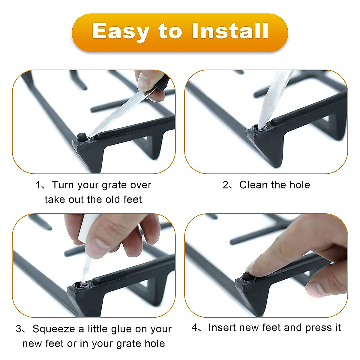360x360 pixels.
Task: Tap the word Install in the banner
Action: (x=230, y=31)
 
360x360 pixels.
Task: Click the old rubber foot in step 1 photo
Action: (x=82, y=137)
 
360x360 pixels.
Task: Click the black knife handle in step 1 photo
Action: (x=162, y=82)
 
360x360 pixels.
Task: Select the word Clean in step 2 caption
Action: (x=253, y=185)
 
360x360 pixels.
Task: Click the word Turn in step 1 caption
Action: (x=63, y=185)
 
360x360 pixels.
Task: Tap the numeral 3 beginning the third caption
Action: (x=19, y=329)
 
